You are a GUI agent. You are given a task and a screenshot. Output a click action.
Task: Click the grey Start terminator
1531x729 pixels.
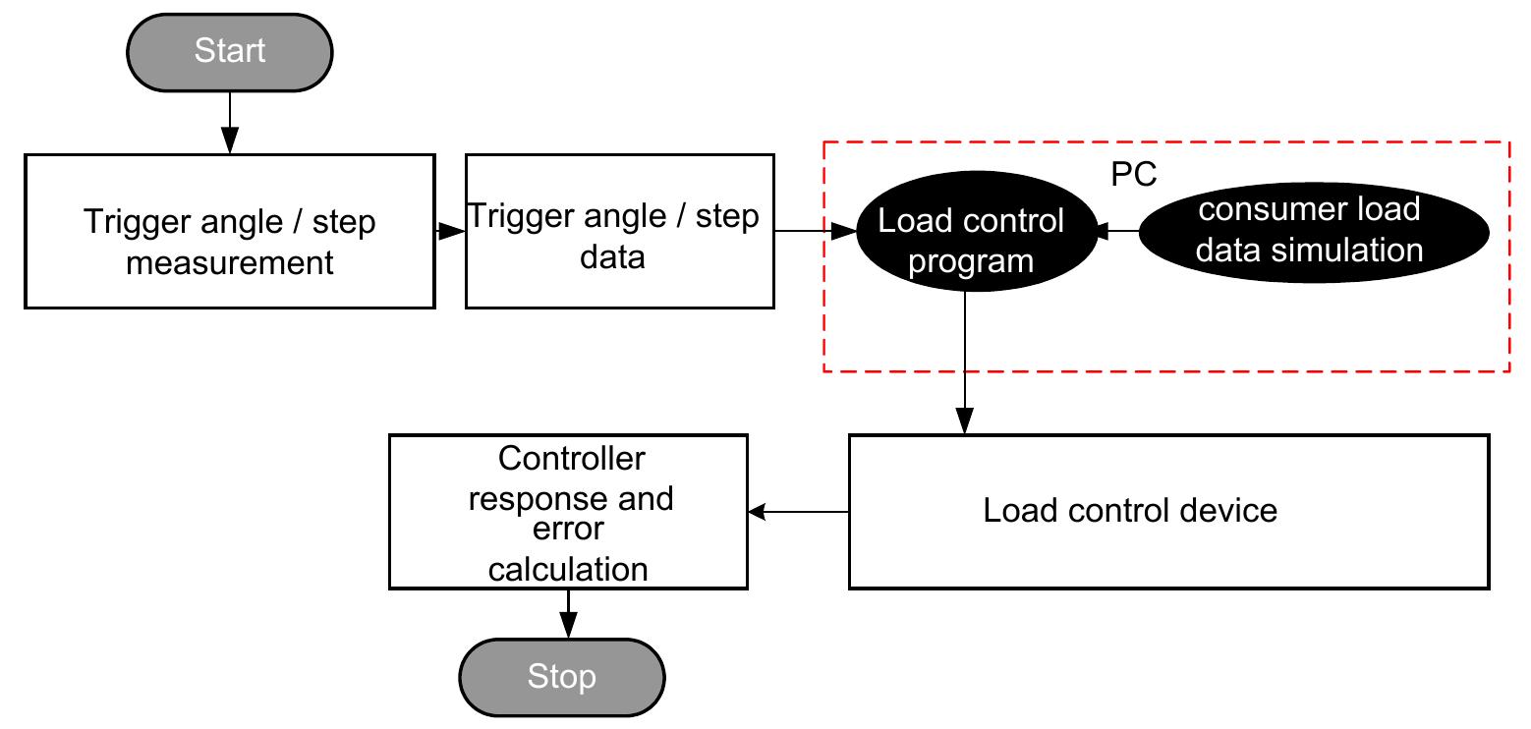click(x=230, y=51)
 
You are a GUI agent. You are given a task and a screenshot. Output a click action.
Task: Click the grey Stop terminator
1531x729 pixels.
click(x=562, y=677)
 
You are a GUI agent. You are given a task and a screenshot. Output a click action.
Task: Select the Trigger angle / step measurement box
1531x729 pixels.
click(x=229, y=232)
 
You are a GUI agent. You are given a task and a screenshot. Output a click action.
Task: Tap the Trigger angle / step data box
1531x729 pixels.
click(x=619, y=232)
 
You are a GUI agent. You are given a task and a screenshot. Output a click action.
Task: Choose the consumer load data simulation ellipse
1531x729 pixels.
click(x=1313, y=231)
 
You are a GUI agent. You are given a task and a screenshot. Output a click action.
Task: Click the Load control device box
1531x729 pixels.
click(x=1168, y=512)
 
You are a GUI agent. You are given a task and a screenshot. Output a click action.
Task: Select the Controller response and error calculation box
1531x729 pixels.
click(x=568, y=512)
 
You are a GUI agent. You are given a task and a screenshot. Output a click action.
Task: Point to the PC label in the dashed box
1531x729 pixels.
click(x=1134, y=174)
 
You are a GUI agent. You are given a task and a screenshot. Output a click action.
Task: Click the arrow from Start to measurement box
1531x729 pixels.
click(x=229, y=123)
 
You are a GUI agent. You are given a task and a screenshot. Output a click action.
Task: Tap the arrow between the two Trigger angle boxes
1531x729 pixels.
click(x=450, y=232)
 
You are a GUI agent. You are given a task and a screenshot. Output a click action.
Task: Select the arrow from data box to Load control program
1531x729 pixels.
click(x=816, y=232)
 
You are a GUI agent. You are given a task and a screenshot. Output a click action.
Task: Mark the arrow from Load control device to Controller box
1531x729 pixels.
click(x=798, y=512)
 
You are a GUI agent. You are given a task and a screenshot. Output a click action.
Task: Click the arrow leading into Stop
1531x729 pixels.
click(x=567, y=614)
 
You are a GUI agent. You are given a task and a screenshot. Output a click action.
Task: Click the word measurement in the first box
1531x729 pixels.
click(x=230, y=262)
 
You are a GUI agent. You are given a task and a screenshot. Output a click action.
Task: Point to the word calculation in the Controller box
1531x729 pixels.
click(x=568, y=569)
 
